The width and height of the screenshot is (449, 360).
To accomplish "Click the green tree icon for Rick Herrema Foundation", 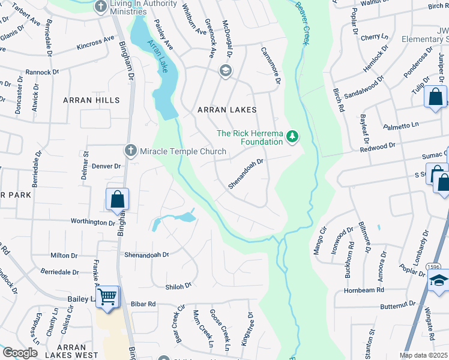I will [292, 137].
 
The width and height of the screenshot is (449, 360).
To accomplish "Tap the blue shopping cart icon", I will [107, 297].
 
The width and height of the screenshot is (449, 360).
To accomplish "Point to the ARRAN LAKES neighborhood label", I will [228, 110].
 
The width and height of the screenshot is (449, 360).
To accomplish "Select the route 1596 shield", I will [434, 266].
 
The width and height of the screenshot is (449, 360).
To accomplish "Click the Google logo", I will [20, 353].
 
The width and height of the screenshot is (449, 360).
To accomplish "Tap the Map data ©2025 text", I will [424, 355].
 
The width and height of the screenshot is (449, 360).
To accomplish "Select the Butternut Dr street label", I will [402, 305].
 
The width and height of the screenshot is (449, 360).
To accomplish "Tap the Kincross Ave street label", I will [95, 42].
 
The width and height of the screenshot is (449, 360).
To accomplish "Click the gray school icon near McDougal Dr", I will [226, 71].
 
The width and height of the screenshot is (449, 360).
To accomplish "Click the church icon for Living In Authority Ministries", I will [100, 7].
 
